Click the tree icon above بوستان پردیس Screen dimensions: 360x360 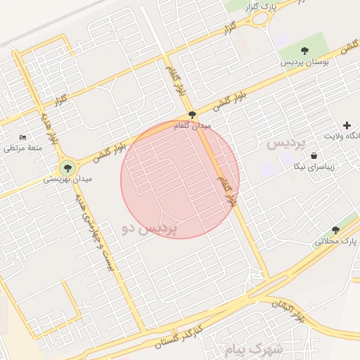(304, 51)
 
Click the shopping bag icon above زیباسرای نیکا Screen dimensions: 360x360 (312, 156)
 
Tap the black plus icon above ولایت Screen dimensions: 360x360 (347, 124)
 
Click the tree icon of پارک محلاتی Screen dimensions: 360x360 (335, 230)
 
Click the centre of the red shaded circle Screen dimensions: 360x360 (180, 179)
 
